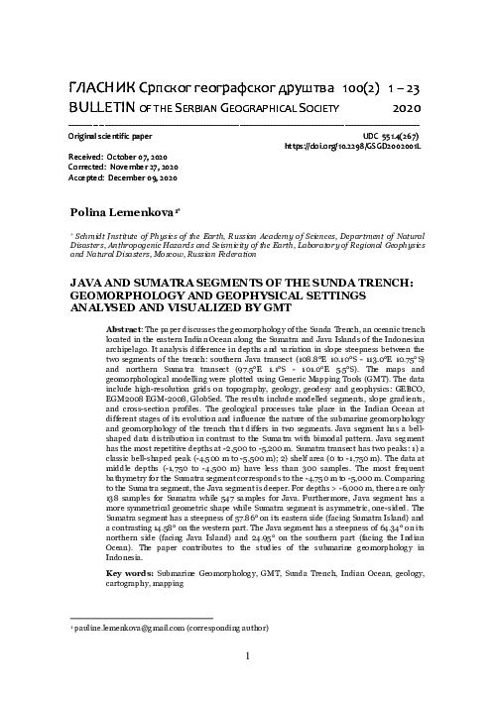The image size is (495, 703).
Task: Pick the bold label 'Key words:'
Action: [x=127, y=575]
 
